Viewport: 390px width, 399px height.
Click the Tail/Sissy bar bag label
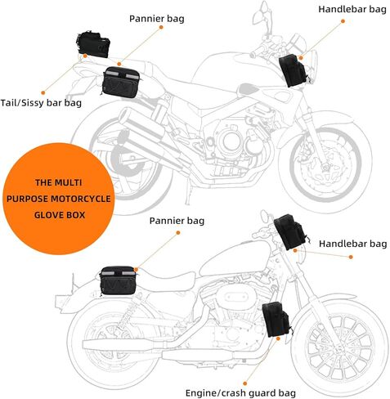click(41, 103)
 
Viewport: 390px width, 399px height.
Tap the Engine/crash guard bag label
click(240, 393)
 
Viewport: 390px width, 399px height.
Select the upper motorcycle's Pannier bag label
click(157, 19)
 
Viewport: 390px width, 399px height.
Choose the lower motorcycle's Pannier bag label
click(177, 221)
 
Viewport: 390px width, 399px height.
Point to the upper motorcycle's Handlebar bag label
click(352, 9)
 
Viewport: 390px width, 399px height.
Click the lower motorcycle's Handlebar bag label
click(352, 244)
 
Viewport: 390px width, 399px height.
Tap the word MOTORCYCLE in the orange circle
click(81, 199)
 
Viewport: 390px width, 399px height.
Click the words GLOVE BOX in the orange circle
click(60, 215)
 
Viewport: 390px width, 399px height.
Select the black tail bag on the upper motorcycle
click(93, 44)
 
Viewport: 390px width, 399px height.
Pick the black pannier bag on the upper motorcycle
click(121, 83)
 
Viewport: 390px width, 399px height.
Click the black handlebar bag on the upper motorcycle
click(294, 70)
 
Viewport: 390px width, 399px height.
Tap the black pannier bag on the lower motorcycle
click(118, 281)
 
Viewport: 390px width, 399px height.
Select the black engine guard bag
click(276, 319)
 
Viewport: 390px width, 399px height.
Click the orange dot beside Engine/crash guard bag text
click(244, 383)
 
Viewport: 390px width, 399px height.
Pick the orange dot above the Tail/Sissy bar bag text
click(43, 93)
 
